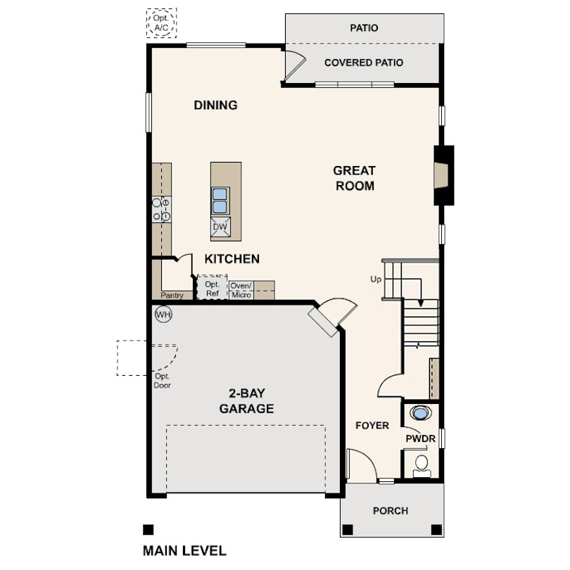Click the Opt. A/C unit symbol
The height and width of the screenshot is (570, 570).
161,23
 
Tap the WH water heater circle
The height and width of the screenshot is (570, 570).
163,315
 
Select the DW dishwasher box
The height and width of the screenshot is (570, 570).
220,227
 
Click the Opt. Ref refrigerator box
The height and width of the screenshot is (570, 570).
213,288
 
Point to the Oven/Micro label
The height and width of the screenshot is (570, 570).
241,290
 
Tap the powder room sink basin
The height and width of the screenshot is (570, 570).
421,413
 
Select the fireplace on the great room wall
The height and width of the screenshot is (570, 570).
443,175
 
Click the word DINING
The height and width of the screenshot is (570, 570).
215,105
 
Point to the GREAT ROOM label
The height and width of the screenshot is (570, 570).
355,178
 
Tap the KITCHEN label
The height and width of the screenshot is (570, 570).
232,259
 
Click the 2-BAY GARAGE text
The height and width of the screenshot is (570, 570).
246,401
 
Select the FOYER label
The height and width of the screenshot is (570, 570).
372,425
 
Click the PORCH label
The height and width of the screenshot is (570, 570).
391,511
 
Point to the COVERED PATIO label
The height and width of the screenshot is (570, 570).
364,63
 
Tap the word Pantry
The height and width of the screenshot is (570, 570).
172,295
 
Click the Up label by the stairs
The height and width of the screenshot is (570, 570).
376,279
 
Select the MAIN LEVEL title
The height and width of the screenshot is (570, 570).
184,551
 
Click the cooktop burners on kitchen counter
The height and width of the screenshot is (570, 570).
161,210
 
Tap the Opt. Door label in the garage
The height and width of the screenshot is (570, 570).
162,381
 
